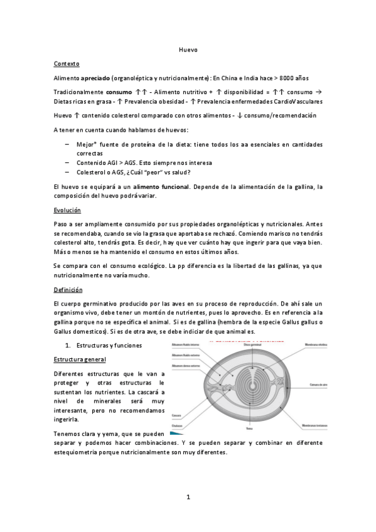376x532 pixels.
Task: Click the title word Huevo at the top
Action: [188, 50]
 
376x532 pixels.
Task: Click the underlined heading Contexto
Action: [67, 64]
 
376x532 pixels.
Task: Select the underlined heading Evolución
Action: [68, 210]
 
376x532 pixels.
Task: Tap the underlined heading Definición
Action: [68, 290]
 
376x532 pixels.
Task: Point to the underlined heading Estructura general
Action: [80, 359]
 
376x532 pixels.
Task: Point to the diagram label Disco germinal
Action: [252, 344]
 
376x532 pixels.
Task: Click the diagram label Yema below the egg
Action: [249, 428]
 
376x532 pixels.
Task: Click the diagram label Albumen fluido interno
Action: [186, 344]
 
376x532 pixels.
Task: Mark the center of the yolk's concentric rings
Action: [249, 384]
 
